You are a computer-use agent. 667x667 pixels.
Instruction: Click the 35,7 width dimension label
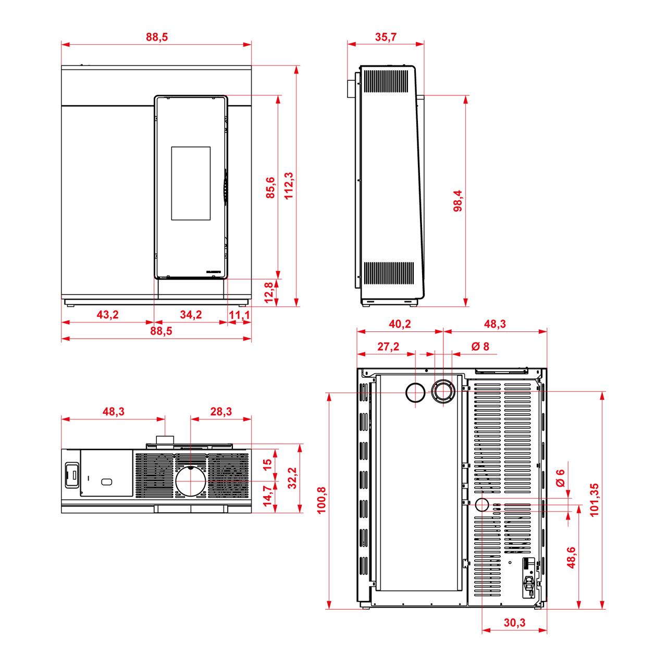[386, 36]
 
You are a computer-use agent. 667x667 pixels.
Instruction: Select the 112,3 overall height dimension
[289, 186]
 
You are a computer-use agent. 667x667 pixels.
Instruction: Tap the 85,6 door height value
[270, 188]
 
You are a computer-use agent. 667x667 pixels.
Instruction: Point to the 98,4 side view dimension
[458, 201]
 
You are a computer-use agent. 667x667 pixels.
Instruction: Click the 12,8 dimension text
[269, 292]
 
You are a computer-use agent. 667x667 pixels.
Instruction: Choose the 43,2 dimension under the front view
[108, 314]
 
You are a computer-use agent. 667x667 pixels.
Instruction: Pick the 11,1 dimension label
[239, 315]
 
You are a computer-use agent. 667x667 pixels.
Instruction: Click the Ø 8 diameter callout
[480, 346]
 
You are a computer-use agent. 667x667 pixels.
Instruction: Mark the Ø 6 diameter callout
[560, 478]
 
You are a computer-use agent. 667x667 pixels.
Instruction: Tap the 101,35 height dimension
[594, 500]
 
